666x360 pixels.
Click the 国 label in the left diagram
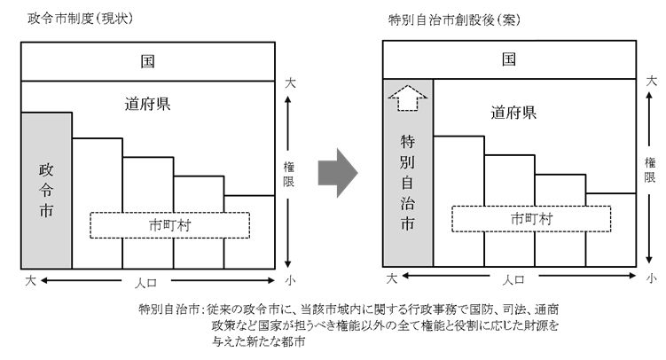tap(147, 62)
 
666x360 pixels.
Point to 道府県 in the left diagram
tap(147, 104)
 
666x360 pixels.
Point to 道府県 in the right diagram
tap(513, 113)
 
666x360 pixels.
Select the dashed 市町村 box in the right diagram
tap(530, 218)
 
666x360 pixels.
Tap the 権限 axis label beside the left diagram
tap(289, 174)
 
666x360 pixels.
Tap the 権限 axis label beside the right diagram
tap(651, 168)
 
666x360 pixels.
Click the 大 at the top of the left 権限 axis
tap(289, 83)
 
